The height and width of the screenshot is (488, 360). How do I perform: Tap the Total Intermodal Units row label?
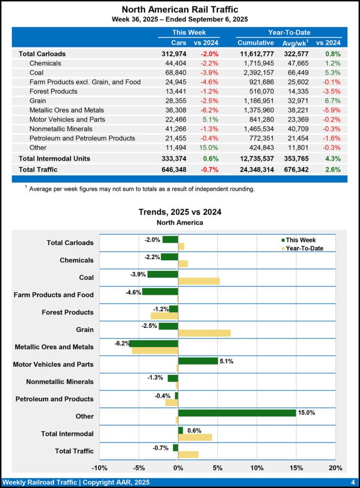[x=54, y=158]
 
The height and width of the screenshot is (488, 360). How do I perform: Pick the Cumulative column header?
[x=256, y=43]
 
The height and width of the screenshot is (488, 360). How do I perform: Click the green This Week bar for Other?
[x=237, y=413]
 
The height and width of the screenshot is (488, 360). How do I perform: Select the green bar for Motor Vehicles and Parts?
[x=198, y=361]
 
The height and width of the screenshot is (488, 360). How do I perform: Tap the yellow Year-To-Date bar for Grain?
[x=204, y=333]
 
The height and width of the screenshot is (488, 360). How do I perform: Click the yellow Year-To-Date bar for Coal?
[x=199, y=281]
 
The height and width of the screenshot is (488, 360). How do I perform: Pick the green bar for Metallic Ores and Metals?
[x=154, y=344]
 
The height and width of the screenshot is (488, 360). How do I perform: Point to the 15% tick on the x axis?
[x=296, y=468]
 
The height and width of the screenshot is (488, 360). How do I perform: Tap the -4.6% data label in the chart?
[x=133, y=292]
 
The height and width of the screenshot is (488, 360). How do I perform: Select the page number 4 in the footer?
[x=352, y=482]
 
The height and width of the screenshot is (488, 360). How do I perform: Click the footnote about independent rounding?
[x=141, y=189]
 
